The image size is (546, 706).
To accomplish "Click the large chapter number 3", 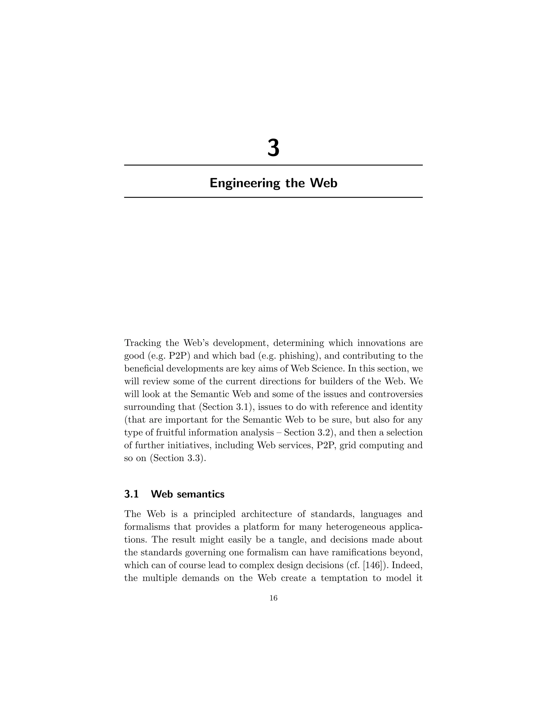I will (x=273, y=148).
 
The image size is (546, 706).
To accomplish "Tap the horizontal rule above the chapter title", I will (x=273, y=165).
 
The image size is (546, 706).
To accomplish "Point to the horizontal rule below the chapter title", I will (x=273, y=197).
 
